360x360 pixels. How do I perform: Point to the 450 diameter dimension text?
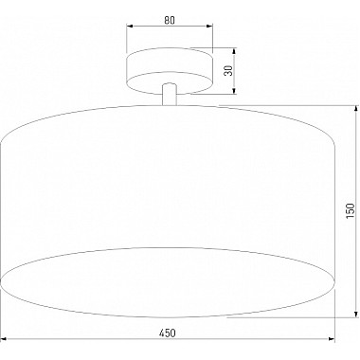[x=169, y=332]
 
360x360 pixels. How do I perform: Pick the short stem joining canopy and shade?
[x=169, y=94]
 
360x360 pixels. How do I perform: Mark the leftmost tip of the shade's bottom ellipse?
[x=3, y=279]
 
